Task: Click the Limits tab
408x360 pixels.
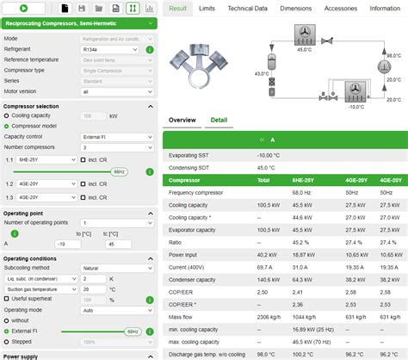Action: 207,8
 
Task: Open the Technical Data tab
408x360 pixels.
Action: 247,8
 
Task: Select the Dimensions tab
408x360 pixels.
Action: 296,8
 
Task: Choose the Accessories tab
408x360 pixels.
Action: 341,8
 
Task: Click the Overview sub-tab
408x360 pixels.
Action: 182,120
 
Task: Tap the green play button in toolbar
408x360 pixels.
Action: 22,8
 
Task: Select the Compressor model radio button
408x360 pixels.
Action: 7,125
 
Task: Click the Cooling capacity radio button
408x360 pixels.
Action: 7,115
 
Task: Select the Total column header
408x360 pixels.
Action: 264,181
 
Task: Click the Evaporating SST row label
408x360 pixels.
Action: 190,155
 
